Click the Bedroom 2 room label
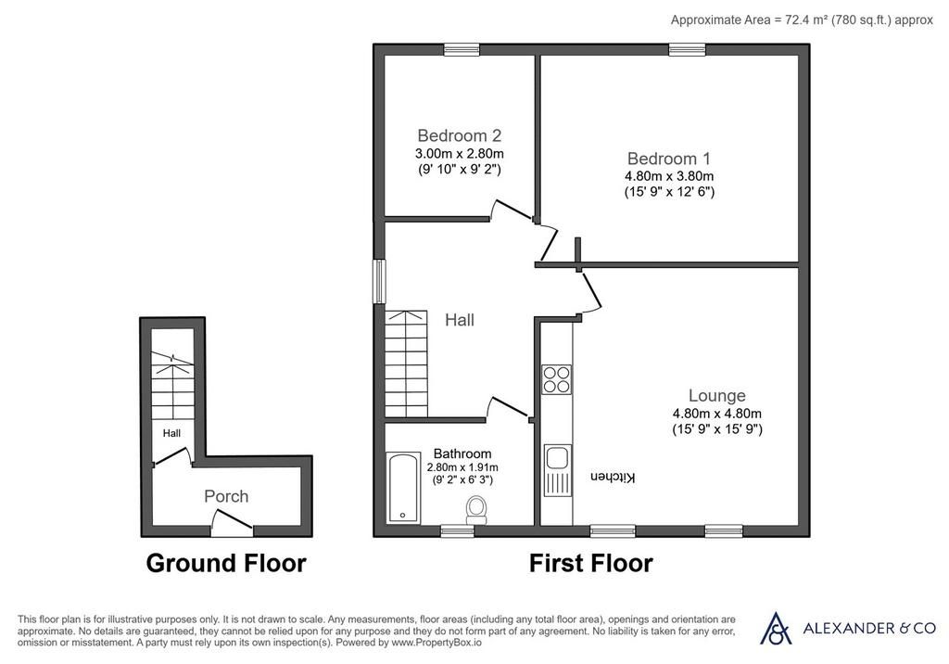coord(460,135)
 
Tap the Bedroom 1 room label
coord(669,159)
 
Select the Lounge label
coord(717,396)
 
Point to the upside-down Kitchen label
coord(614,478)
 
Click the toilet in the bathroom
coord(477,510)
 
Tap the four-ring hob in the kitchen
coord(556,379)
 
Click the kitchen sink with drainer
coord(557,470)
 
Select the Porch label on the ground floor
coord(226,496)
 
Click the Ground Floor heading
coord(226,563)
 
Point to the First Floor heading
coord(590,563)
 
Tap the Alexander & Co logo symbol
coord(776,628)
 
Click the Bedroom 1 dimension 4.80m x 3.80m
coord(669,176)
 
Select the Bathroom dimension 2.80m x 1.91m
coord(462,467)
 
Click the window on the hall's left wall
coord(379,281)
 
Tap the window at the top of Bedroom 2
coord(462,50)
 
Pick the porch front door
coord(232,523)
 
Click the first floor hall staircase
coord(406,364)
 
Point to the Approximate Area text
coord(802,20)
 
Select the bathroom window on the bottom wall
coord(458,531)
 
